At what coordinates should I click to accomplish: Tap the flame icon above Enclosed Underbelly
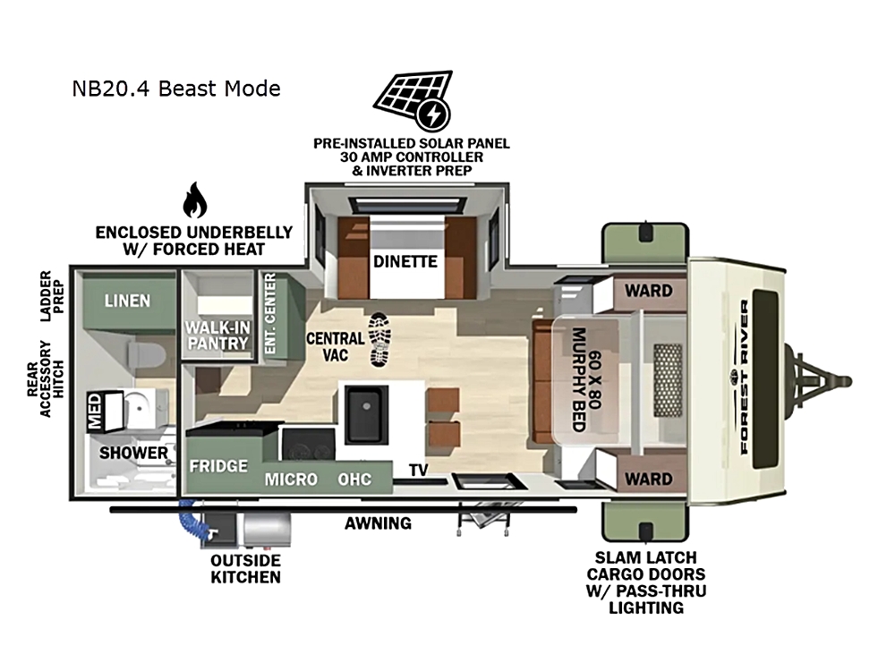[x=194, y=200]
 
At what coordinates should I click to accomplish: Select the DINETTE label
[x=405, y=261]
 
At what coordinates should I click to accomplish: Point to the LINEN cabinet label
[x=127, y=301]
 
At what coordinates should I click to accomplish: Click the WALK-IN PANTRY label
[x=217, y=335]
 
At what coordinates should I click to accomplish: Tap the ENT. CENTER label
[x=270, y=313]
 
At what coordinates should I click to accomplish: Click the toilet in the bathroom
[x=147, y=354]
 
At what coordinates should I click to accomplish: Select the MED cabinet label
[x=94, y=411]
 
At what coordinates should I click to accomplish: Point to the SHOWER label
[x=133, y=453]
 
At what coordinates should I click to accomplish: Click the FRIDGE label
[x=218, y=466]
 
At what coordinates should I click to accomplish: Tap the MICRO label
[x=291, y=480]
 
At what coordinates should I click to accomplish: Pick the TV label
[x=418, y=471]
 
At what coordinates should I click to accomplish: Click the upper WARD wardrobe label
[x=648, y=291]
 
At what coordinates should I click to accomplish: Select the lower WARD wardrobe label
[x=648, y=479]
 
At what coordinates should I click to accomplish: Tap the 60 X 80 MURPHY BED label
[x=586, y=379]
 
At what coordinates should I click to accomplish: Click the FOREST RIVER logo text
[x=745, y=378]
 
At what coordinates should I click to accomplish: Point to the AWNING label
[x=378, y=523]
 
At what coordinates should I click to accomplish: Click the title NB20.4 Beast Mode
[x=176, y=89]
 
